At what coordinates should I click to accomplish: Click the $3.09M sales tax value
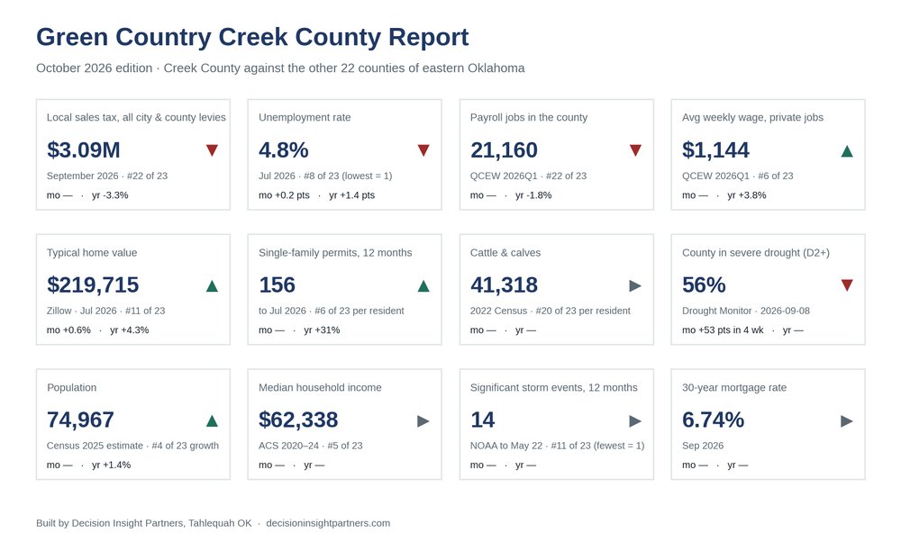[83, 149]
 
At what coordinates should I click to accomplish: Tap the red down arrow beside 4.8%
[423, 150]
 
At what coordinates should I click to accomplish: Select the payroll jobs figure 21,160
[504, 149]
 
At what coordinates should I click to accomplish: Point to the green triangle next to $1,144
[847, 151]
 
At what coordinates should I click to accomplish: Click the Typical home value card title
[92, 252]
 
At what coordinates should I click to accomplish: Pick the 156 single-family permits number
[277, 285]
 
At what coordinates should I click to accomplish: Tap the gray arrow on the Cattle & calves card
[635, 285]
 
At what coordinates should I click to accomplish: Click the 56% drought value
[704, 285]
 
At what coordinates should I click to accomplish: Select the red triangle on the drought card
[847, 285]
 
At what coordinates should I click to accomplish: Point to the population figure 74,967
[80, 420]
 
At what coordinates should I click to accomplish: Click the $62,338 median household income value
[298, 420]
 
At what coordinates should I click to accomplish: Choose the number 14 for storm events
[483, 420]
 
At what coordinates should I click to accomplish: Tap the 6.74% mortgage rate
[713, 420]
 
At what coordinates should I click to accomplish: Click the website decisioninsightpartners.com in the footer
[328, 523]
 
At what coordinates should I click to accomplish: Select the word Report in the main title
[429, 37]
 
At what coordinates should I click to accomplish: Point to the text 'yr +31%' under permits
[322, 330]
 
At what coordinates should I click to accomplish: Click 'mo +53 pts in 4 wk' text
[723, 330]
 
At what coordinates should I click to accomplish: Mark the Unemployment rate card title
[305, 117]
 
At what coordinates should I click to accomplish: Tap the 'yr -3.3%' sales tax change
[110, 195]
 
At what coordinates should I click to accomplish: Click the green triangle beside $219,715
[212, 285]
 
